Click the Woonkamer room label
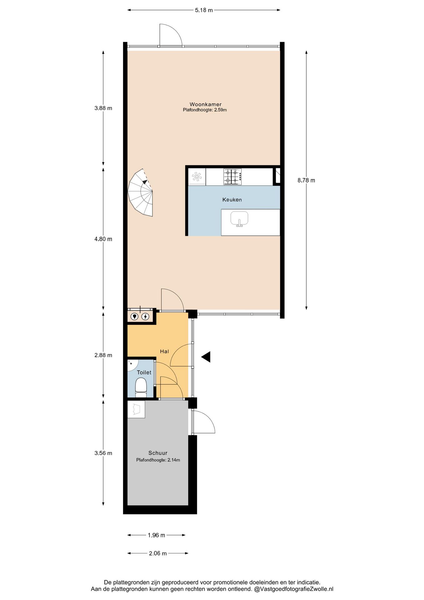(205, 104)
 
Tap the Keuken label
(232, 200)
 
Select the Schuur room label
(158, 453)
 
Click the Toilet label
(144, 372)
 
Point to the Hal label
(164, 352)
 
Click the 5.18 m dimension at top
(204, 10)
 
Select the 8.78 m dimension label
(306, 180)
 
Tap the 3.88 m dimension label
(103, 108)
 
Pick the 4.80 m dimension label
(103, 239)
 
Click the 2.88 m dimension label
(103, 355)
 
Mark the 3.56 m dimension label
(103, 453)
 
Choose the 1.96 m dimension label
(156, 535)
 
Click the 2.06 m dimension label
(158, 553)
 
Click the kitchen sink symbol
(239, 218)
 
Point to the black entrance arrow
(206, 357)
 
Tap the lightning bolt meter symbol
(145, 317)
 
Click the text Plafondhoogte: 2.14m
(158, 460)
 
